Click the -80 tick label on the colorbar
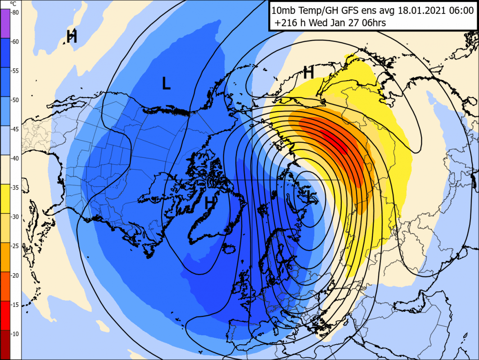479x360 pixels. tap(15, 13)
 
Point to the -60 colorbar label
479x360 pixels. tap(15, 42)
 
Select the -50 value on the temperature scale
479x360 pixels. tap(15, 100)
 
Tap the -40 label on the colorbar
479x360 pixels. tap(15, 158)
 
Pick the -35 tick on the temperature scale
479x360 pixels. tap(15, 188)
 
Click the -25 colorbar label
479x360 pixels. tap(15, 246)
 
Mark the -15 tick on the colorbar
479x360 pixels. tap(15, 304)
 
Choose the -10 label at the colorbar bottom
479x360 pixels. tap(15, 333)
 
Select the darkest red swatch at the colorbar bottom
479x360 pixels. tap(5, 344)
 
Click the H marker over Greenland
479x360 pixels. tap(209, 203)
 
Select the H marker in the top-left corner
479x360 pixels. tap(72, 36)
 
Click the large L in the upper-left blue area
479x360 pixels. tap(166, 83)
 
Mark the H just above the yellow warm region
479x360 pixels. tap(308, 72)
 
